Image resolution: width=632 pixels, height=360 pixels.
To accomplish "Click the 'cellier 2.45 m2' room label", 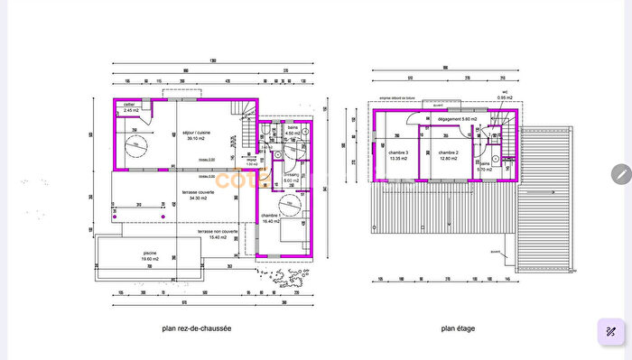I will [130, 109].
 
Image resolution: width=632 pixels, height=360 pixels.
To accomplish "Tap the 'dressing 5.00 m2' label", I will [291, 178].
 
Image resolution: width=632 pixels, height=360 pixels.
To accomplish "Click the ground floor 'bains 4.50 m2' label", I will [293, 132].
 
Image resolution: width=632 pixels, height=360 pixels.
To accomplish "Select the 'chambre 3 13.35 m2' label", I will [398, 155].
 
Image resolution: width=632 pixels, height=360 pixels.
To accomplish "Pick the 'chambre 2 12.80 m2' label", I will [449, 155].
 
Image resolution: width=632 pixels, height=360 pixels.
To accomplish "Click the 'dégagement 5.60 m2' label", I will [456, 119].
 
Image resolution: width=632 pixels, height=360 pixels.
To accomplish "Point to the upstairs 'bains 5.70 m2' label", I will [485, 166].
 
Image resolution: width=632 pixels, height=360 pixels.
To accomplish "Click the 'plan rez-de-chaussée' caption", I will [197, 328].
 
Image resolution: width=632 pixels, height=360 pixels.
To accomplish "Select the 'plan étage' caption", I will [458, 328].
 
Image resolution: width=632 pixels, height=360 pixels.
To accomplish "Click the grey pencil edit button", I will [620, 174].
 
